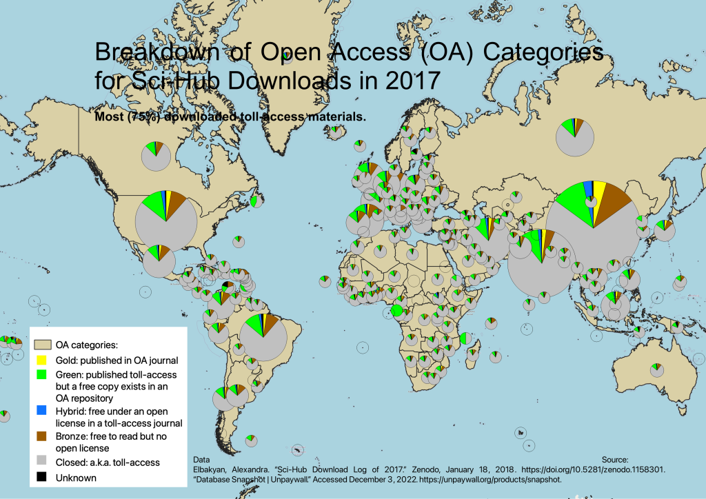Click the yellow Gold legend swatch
point(41,360)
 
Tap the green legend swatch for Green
point(41,375)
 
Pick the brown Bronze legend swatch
point(41,436)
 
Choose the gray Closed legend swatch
point(41,462)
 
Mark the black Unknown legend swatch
point(41,477)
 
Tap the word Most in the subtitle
point(110,117)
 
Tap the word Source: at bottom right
point(614,458)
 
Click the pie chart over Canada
point(156,155)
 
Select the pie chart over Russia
point(574,136)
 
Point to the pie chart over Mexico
point(158,260)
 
